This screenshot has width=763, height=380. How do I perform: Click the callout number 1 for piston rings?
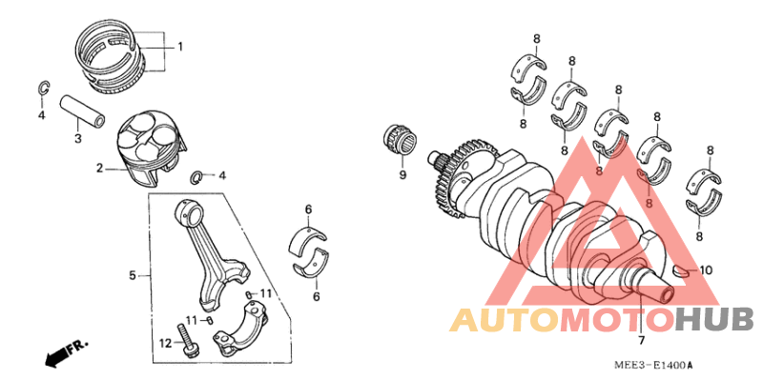click(x=179, y=46)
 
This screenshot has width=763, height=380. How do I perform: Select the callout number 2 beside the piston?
click(x=98, y=170)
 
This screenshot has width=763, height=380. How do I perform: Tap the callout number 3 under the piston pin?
click(x=78, y=139)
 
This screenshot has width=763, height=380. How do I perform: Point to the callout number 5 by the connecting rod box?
click(x=133, y=276)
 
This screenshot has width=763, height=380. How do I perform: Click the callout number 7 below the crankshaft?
click(x=641, y=340)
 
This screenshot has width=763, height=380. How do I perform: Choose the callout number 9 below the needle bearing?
click(x=402, y=175)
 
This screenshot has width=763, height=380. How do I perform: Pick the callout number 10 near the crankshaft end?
click(x=706, y=270)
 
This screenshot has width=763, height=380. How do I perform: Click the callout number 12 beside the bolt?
click(x=164, y=343)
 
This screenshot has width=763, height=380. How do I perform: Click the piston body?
click(x=150, y=144)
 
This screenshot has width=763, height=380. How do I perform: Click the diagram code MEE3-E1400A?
click(x=653, y=366)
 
